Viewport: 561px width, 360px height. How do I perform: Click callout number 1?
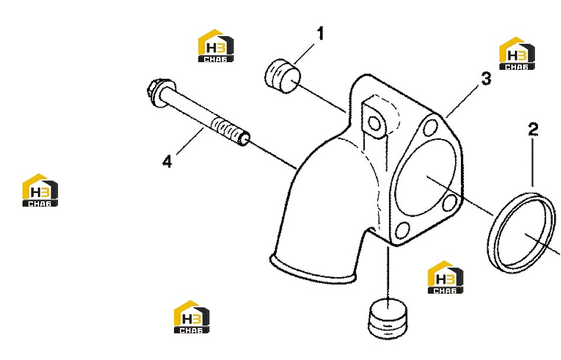(321, 33)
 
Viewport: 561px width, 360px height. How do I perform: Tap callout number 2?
(533, 129)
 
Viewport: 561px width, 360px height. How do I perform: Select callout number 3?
(486, 79)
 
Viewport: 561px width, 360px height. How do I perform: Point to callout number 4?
(167, 162)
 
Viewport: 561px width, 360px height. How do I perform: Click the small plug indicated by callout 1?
(283, 76)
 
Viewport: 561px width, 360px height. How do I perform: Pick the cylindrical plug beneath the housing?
(388, 319)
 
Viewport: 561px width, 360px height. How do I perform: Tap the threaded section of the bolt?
(230, 131)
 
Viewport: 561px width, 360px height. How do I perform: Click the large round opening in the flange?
(425, 178)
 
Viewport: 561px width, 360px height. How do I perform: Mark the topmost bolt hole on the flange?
(430, 127)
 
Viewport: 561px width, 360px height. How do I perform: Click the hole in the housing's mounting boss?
(374, 124)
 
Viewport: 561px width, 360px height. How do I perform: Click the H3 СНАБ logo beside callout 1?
(216, 46)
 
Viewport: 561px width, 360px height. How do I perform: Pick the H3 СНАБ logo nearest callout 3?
(517, 53)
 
